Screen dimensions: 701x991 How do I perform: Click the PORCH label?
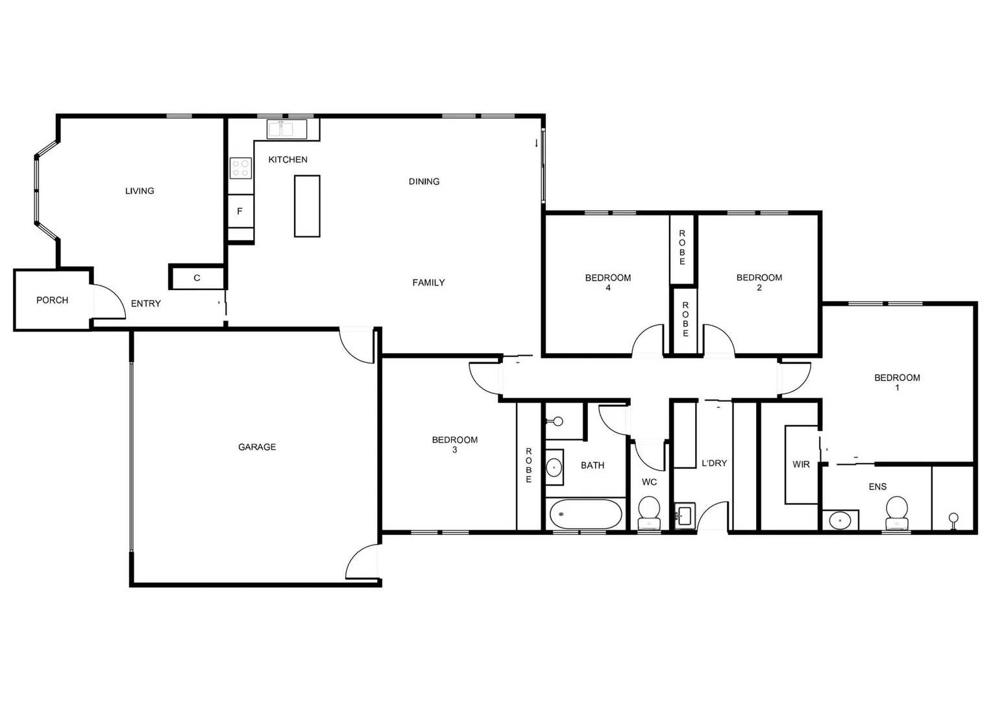tap(52, 300)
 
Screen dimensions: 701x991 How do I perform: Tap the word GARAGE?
tap(257, 447)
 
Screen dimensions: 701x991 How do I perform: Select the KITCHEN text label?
tap(288, 160)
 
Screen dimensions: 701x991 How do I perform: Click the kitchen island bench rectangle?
tap(307, 206)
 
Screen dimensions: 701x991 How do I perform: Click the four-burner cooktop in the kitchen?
tap(240, 168)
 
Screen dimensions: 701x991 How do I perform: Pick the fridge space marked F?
tap(239, 211)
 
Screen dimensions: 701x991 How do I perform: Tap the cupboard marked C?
tap(197, 278)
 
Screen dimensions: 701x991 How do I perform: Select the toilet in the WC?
tap(649, 511)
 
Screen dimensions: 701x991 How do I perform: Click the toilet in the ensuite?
tap(897, 512)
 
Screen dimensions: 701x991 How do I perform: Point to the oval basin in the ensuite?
tap(840, 521)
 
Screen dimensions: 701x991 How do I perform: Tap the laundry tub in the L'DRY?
tap(684, 515)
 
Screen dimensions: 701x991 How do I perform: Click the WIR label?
tap(801, 465)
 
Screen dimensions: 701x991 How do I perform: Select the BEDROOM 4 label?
tap(608, 282)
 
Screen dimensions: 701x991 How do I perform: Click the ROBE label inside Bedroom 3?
tap(529, 465)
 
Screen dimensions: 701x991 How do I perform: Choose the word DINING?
tap(424, 182)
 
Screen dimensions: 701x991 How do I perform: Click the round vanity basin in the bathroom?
tap(554, 467)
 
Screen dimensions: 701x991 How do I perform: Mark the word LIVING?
tap(140, 191)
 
